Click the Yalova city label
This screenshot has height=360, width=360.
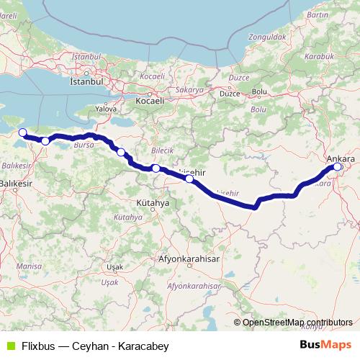tap(106, 108)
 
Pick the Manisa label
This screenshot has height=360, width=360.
tap(29, 265)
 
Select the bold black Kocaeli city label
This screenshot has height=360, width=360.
tap(150, 102)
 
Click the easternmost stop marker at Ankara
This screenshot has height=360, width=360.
tap(337, 168)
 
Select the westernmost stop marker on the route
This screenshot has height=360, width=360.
tap(22, 132)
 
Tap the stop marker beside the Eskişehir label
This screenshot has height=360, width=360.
tap(189, 179)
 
